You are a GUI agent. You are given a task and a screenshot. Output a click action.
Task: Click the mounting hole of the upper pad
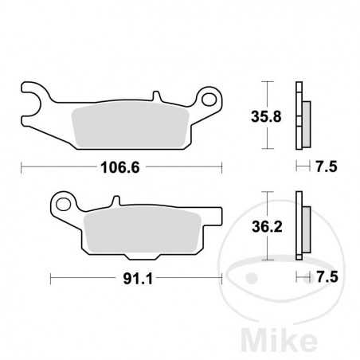[x=211, y=100]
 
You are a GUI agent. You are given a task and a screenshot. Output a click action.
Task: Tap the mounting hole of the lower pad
[x=64, y=202]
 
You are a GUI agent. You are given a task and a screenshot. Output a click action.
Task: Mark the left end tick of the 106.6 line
[x=22, y=167]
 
